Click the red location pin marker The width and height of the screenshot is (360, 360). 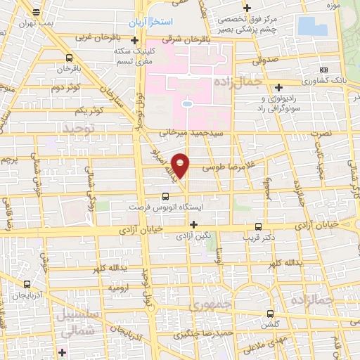pyautogui.click(x=181, y=164)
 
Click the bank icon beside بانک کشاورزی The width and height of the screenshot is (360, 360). pyautogui.click(x=323, y=70)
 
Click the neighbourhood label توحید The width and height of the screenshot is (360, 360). pyautogui.click(x=77, y=127)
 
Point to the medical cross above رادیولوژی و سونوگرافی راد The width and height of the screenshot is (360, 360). pyautogui.click(x=279, y=87)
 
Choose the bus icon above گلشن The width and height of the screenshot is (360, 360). pyautogui.click(x=271, y=314)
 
